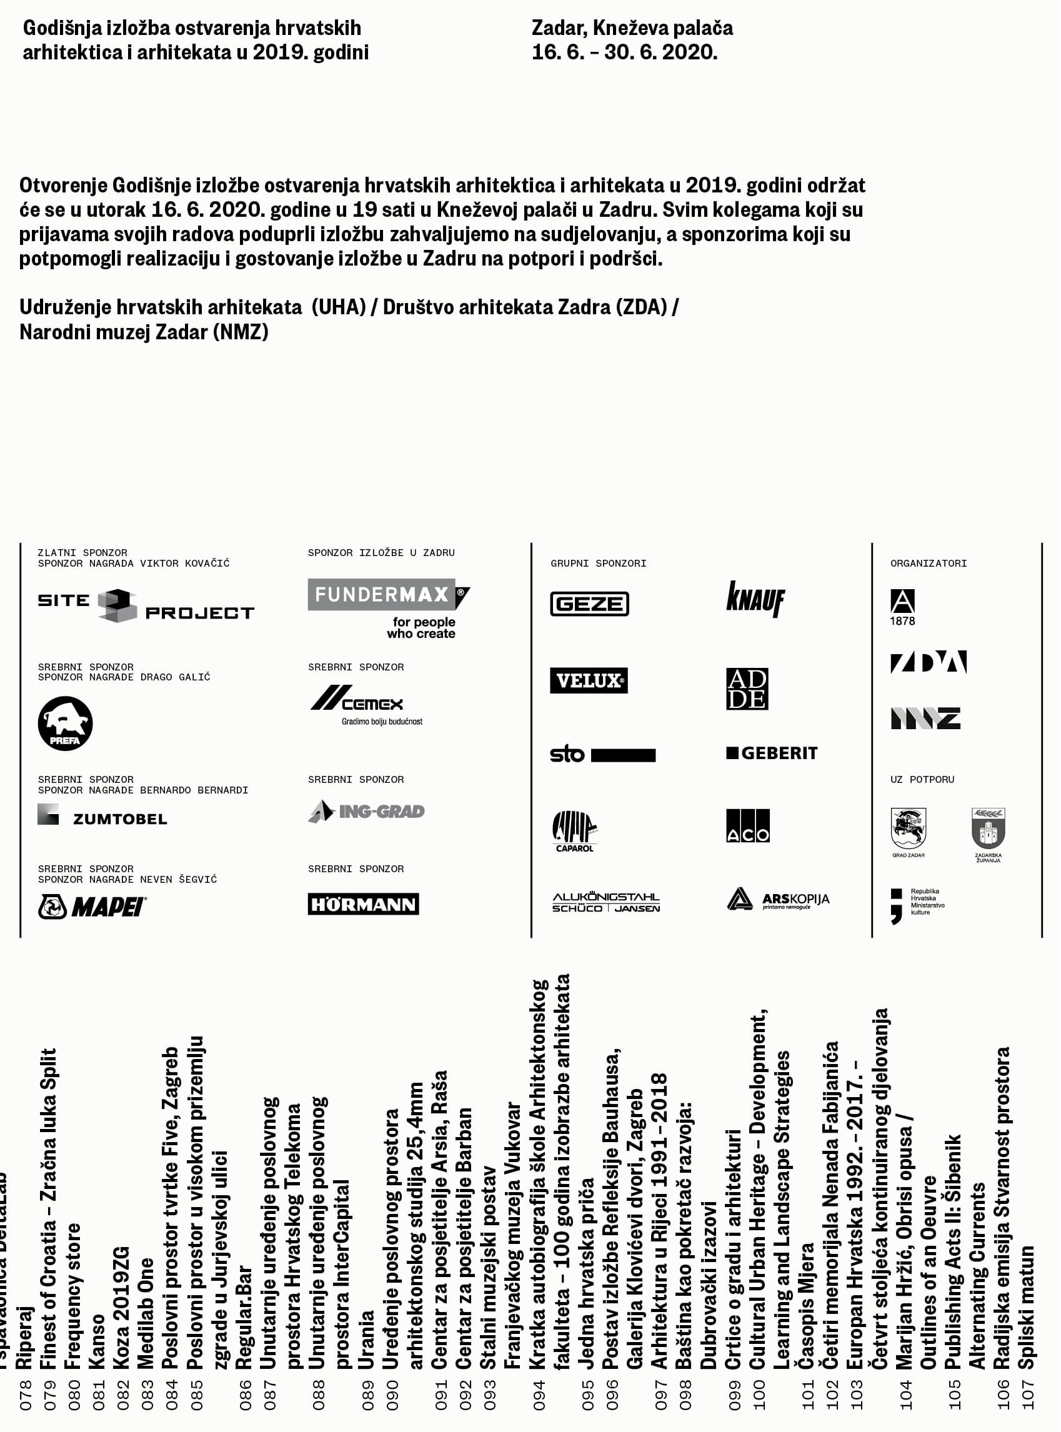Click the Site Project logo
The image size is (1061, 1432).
tap(146, 605)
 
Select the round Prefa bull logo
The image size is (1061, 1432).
tap(65, 723)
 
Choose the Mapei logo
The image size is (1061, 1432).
tap(92, 907)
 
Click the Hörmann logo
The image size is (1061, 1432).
tap(363, 904)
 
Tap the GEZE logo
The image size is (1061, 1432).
tap(589, 604)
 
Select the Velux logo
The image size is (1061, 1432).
tap(589, 680)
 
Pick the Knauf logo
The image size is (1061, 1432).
tap(755, 599)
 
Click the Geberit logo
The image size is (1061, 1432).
tap(771, 753)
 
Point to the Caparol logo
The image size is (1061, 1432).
tap(574, 831)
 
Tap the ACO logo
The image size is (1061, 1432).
tap(747, 825)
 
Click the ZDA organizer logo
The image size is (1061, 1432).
tap(928, 662)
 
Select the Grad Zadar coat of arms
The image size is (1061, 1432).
tap(908, 829)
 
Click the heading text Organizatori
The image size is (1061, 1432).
tap(928, 563)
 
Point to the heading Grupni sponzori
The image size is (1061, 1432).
tap(598, 563)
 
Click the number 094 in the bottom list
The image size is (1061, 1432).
tap(539, 1394)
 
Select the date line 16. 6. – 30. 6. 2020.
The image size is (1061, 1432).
tap(624, 52)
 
